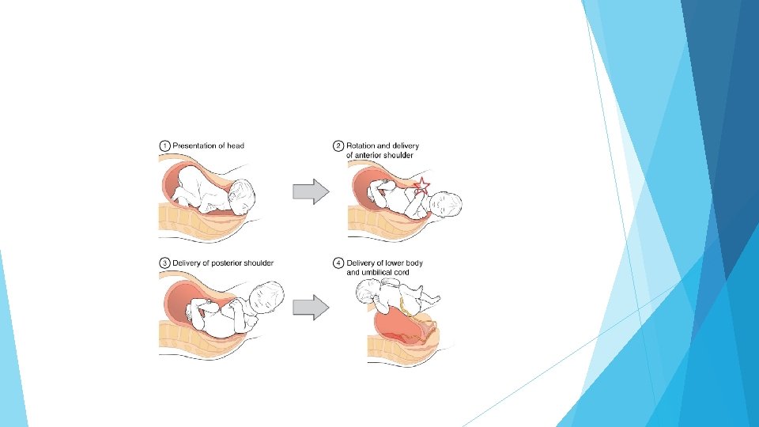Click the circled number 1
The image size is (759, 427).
pos(164,145)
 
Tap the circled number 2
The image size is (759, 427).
pos(338,145)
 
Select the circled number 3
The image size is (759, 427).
pos(164,263)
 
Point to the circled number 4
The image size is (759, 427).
pos(338,263)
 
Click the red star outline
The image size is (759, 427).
pos(422,186)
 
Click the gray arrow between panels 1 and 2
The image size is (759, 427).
pos(310,191)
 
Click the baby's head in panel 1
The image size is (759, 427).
pos(244,196)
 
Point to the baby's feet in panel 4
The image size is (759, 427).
pos(433,298)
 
